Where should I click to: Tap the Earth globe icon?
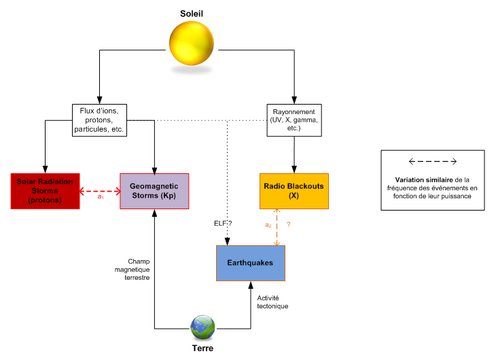202,327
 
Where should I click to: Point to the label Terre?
202,348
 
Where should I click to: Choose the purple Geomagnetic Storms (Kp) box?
154,191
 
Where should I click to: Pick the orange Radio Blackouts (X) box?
294,191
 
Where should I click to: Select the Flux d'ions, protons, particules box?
100,120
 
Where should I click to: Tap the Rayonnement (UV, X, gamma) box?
294,120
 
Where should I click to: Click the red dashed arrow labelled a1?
99,191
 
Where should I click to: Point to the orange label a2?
268,223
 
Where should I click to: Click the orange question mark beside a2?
289,223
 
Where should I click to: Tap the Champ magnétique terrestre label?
134,269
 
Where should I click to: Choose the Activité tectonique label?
272,302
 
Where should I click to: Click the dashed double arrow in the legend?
432,162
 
